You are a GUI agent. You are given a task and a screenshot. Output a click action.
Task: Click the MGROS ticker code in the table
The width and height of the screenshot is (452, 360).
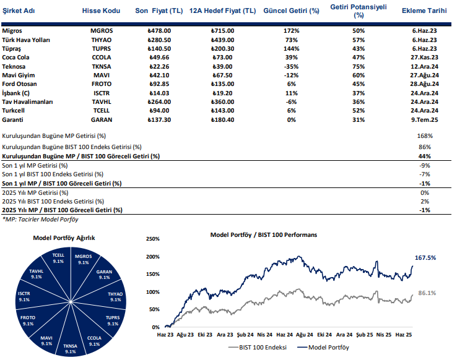pos(102,30)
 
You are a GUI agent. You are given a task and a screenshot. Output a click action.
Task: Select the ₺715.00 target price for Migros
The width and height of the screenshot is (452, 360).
pos(222,30)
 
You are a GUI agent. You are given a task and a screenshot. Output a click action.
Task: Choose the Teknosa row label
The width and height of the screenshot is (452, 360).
pos(14,66)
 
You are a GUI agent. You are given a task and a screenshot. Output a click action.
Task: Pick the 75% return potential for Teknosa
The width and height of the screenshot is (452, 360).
pos(358,66)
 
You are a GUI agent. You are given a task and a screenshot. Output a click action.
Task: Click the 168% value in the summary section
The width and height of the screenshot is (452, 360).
pos(424,135)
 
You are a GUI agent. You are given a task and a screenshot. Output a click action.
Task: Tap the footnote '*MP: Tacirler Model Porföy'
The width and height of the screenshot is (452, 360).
pos(40,219)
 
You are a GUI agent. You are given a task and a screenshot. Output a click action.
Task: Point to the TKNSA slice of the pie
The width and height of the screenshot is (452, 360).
pos(69,348)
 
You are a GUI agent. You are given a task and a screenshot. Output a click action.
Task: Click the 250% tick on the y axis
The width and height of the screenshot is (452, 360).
pos(152,239)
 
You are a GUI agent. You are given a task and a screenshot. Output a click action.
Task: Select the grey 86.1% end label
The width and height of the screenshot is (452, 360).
pos(428,293)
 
